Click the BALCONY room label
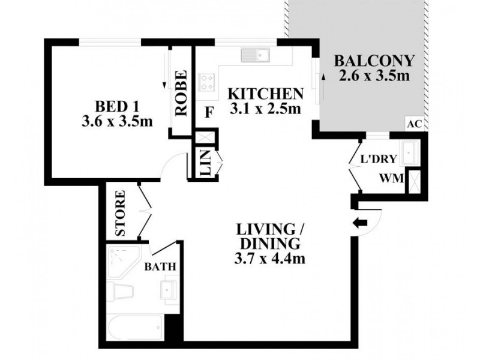(x=373, y=61)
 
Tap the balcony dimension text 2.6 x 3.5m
(x=373, y=76)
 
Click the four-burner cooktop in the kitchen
(x=208, y=81)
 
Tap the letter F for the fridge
(x=209, y=112)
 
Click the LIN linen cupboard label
(x=205, y=163)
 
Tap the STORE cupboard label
(x=119, y=213)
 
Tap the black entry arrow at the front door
(x=361, y=223)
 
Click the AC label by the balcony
(x=414, y=124)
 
